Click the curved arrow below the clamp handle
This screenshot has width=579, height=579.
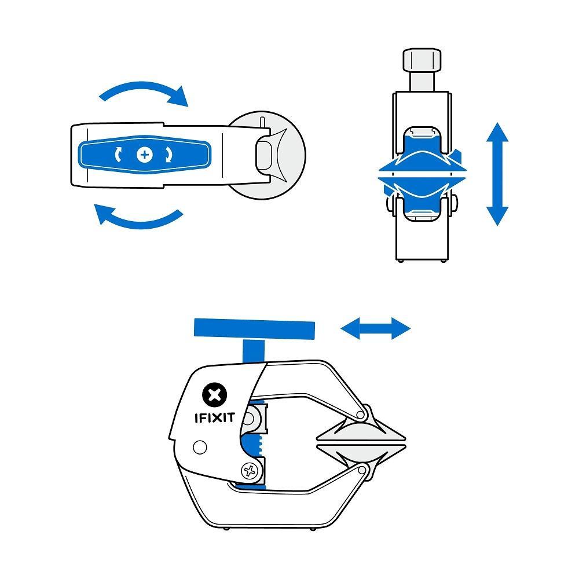(139, 219)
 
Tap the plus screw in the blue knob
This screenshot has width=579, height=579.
(144, 155)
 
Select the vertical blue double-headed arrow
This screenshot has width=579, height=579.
(497, 174)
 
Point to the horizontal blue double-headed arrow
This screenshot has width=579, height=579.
(376, 329)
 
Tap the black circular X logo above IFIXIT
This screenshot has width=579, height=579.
(214, 395)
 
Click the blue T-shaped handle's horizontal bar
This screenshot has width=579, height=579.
(255, 329)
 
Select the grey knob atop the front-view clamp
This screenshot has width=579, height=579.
(422, 60)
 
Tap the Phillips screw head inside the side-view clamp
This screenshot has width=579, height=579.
(250, 471)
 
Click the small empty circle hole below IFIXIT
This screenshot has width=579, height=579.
(200, 447)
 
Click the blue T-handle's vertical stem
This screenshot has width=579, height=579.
(253, 351)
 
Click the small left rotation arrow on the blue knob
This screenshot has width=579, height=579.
(120, 155)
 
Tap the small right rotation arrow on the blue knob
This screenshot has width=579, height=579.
(168, 155)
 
